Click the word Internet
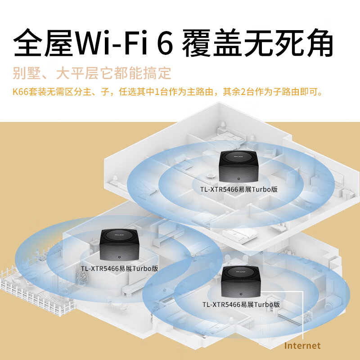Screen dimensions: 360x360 pos(303,346)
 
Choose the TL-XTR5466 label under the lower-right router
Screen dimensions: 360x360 pos(241,305)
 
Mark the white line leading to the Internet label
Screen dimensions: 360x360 pos(304,315)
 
